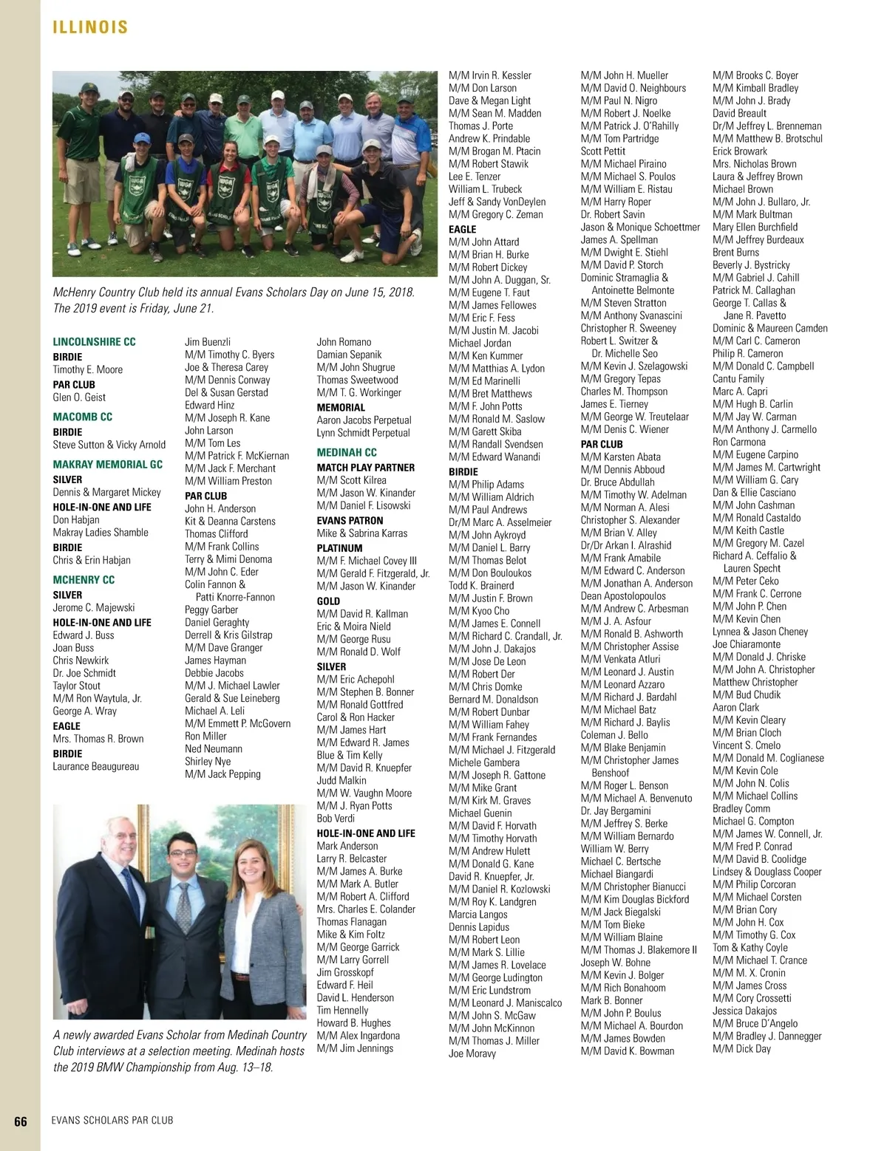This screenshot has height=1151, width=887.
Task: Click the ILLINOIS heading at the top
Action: click(90, 27)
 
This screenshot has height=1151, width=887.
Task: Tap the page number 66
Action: click(21, 1121)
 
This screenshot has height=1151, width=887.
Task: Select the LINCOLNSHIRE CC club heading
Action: click(94, 341)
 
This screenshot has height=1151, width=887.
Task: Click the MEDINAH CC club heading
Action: click(347, 452)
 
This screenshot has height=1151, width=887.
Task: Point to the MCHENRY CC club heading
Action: click(84, 580)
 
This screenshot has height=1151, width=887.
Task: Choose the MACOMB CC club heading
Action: click(82, 417)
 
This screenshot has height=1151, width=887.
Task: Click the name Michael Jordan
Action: click(480, 343)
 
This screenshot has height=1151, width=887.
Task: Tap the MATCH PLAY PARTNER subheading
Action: click(365, 468)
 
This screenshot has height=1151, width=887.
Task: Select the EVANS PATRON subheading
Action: click(350, 520)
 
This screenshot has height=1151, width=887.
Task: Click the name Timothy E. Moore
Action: click(87, 369)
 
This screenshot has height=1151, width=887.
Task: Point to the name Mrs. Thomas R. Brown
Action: click(98, 739)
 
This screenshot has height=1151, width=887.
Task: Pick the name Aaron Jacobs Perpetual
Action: click(364, 420)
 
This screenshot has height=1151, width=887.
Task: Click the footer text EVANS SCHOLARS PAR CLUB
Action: click(112, 1120)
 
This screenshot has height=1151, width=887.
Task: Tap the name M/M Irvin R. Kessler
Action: click(489, 75)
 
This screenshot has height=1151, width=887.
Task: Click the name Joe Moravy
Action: click(472, 1053)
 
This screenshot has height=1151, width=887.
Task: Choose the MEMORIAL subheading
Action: click(341, 407)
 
